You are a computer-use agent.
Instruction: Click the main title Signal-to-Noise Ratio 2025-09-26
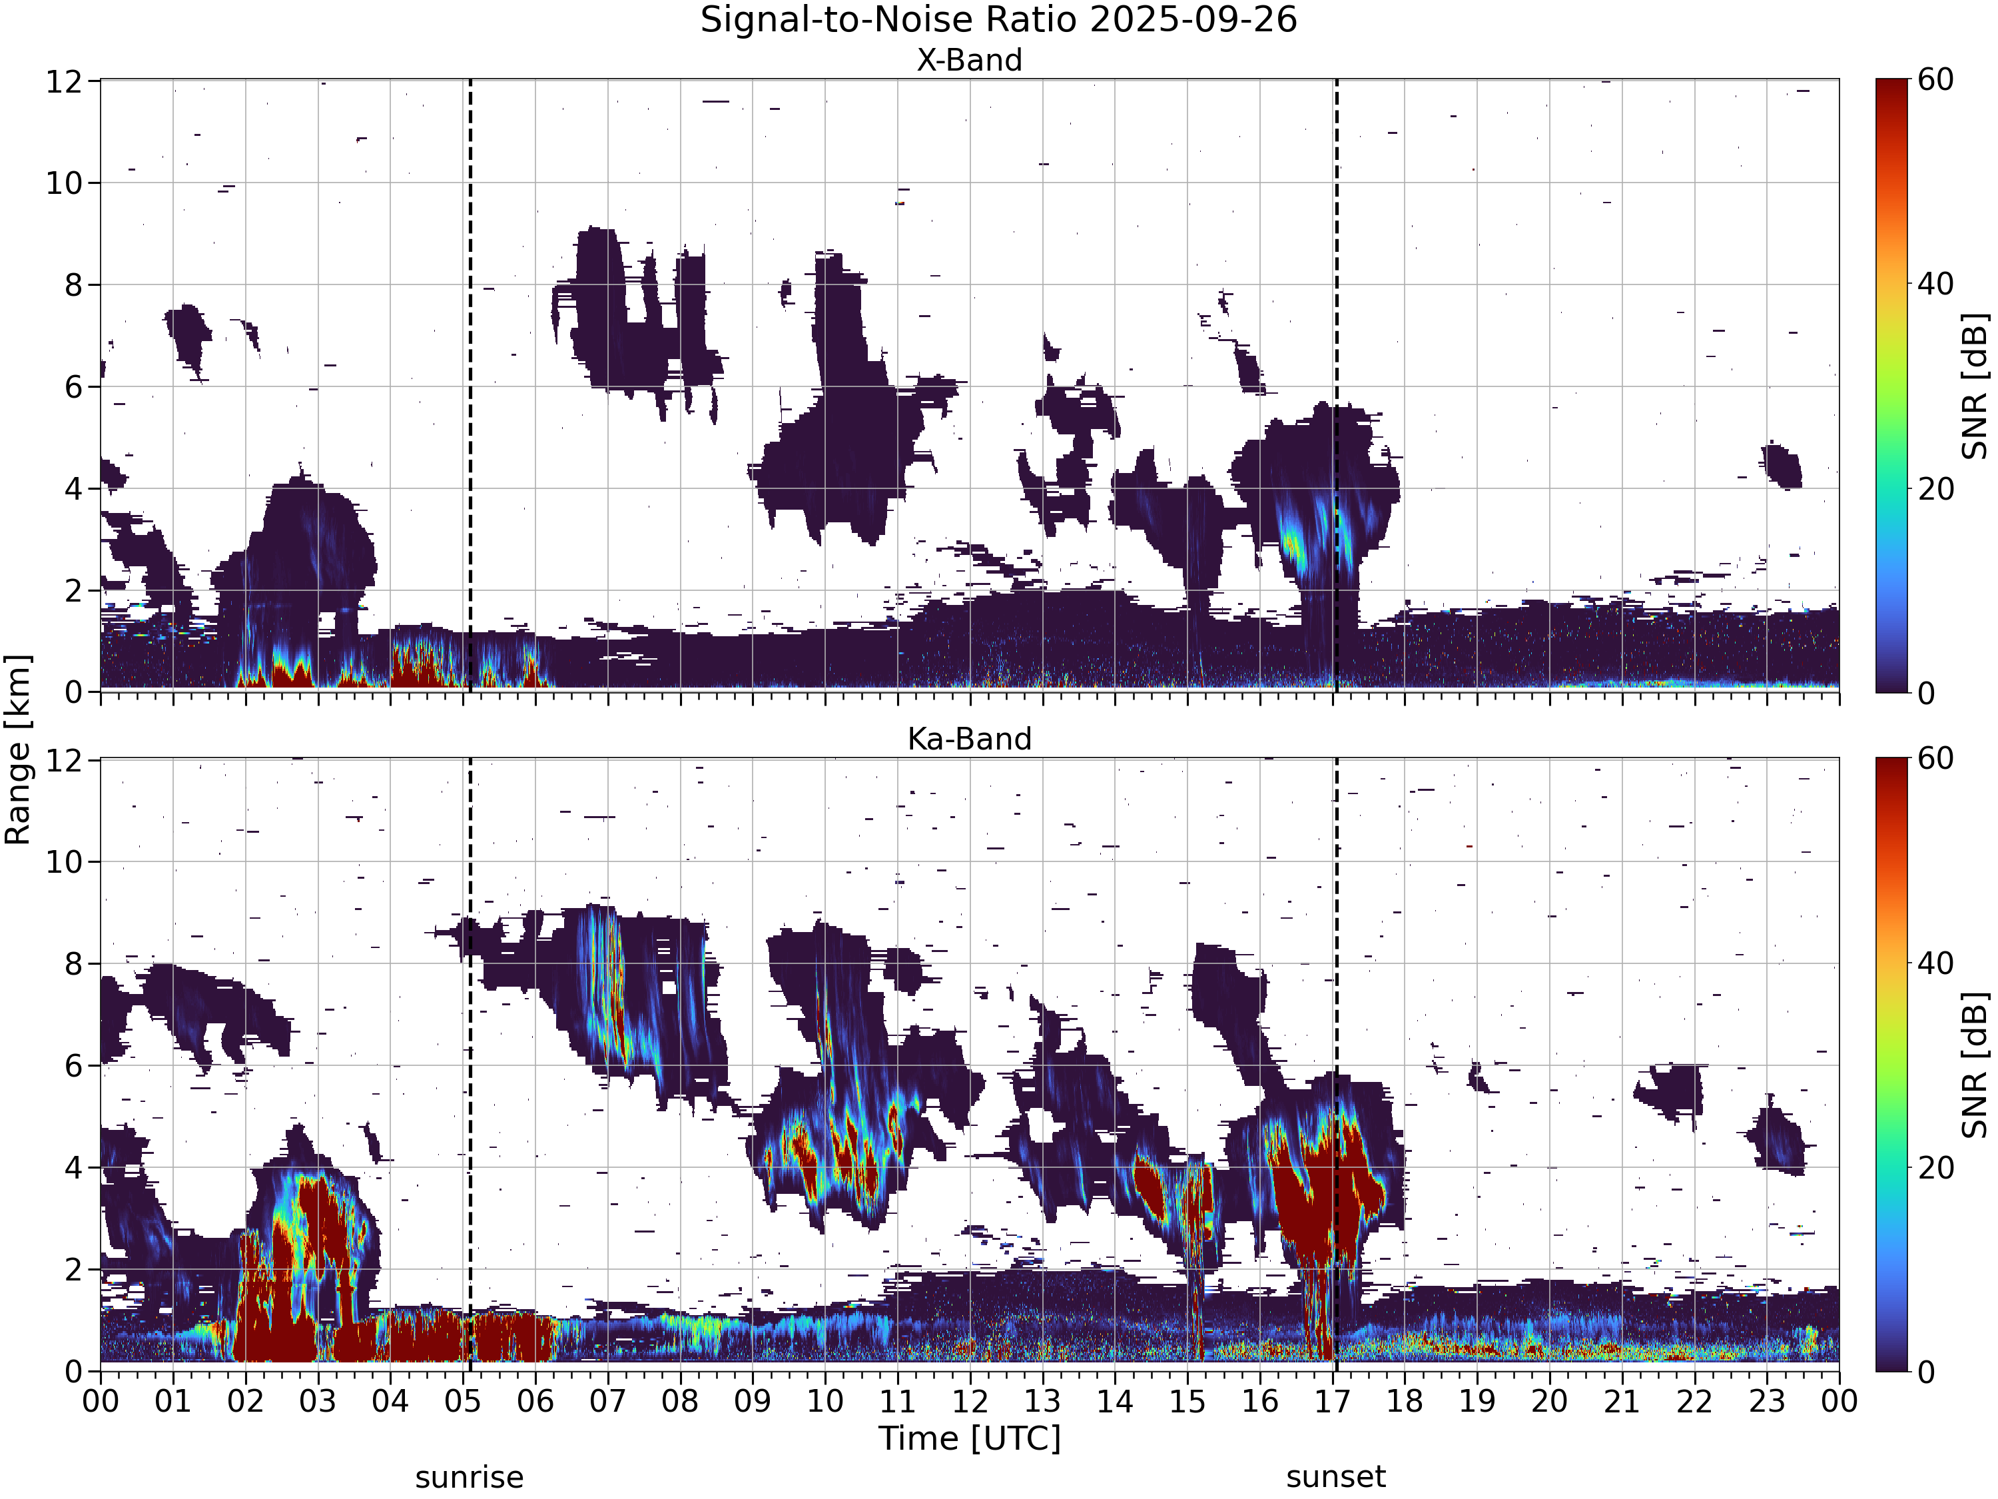pyautogui.click(x=998, y=20)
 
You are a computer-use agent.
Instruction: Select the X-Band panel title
pyautogui.click(x=969, y=61)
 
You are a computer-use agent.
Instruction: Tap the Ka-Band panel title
pyautogui.click(x=969, y=739)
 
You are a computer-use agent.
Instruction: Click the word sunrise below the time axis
pyautogui.click(x=469, y=1477)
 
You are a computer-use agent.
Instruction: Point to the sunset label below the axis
pyautogui.click(x=1336, y=1477)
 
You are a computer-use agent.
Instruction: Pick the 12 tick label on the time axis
pyautogui.click(x=970, y=1402)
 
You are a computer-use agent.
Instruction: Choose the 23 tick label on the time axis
pyautogui.click(x=1767, y=1402)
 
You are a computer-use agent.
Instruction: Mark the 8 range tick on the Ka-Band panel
pyautogui.click(x=74, y=964)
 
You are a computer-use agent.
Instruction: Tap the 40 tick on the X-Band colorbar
pyautogui.click(x=1935, y=284)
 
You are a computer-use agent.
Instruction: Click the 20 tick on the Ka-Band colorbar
pyautogui.click(x=1935, y=1167)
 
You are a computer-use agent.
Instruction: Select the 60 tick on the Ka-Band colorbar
pyautogui.click(x=1935, y=758)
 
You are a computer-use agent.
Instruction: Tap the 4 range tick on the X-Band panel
pyautogui.click(x=74, y=489)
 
